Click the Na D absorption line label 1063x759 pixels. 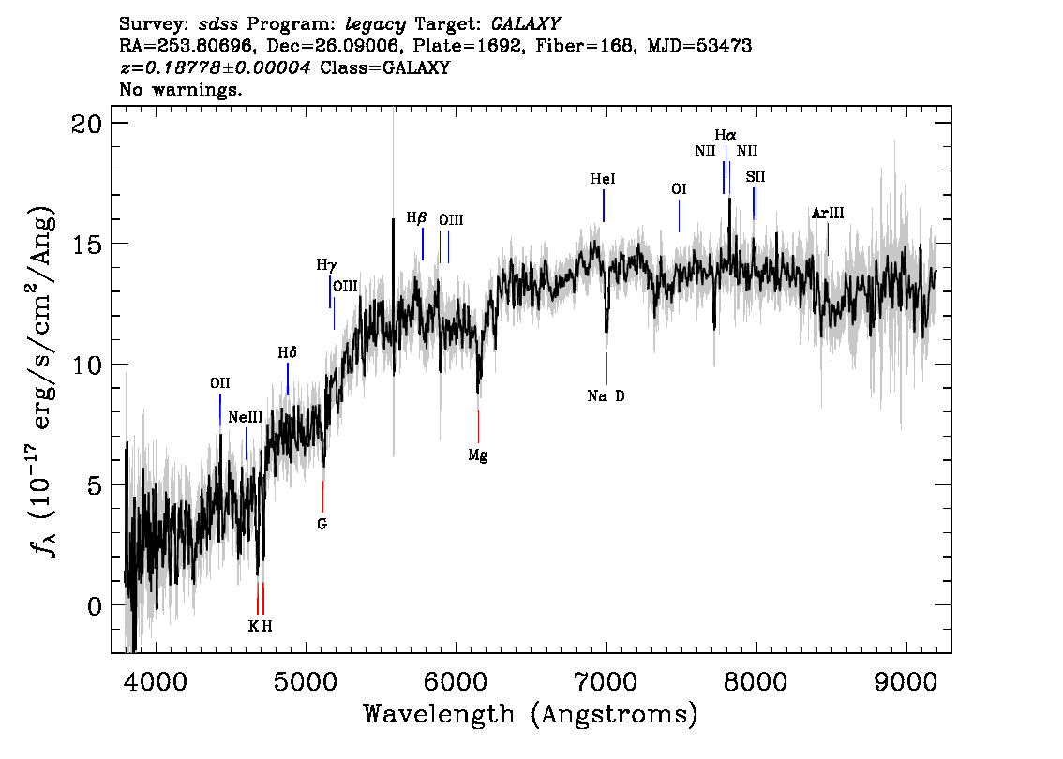[606, 395]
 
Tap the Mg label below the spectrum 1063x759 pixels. [478, 455]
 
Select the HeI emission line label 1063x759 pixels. [603, 179]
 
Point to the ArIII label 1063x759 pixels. [828, 214]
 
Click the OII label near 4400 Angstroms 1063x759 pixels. [219, 383]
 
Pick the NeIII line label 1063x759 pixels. [246, 418]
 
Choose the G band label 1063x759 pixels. [322, 524]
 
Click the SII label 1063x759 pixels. [756, 177]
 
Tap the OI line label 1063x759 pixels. [679, 189]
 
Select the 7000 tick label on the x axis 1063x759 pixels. [606, 681]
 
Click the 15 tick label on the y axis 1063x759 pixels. [86, 244]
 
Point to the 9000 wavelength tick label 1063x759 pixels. [906, 681]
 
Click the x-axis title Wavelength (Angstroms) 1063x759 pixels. [531, 714]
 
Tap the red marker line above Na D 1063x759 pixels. [606, 368]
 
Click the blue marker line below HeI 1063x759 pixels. [604, 205]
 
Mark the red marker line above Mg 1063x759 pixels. [479, 427]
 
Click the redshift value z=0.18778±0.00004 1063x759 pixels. [215, 67]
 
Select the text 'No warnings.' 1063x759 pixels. [180, 89]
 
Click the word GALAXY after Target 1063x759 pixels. [526, 24]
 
